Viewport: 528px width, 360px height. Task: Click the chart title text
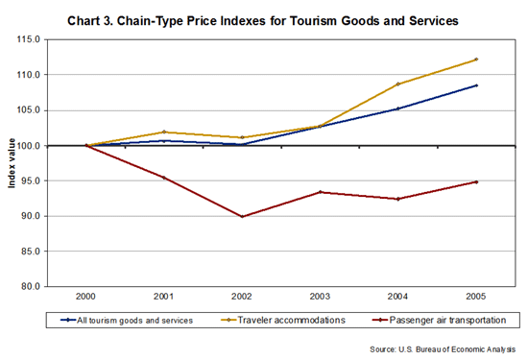tap(264, 18)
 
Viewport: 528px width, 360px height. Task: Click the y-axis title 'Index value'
tap(12, 162)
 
